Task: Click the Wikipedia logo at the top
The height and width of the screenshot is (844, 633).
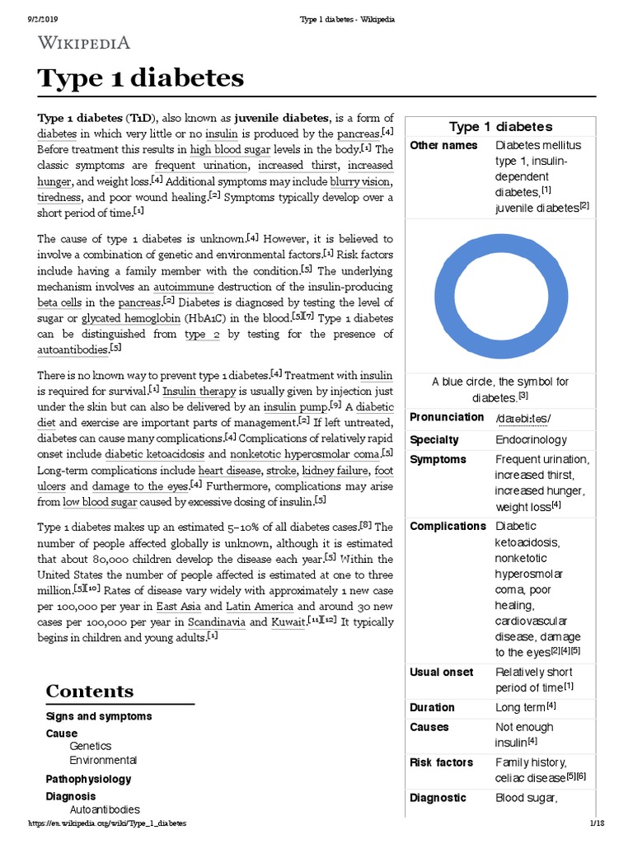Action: click(83, 43)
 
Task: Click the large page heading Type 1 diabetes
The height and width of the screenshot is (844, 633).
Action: click(141, 77)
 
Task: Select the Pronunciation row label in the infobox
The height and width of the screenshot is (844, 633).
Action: click(447, 417)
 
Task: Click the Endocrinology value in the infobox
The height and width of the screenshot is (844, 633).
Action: click(531, 440)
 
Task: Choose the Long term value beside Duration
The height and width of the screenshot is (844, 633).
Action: click(526, 707)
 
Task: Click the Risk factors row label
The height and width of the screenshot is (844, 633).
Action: click(441, 762)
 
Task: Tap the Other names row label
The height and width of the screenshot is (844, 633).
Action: click(443, 145)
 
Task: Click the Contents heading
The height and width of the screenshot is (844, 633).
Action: click(89, 691)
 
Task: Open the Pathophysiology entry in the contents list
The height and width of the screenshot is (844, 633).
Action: click(88, 779)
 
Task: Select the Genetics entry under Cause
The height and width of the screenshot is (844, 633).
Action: click(90, 746)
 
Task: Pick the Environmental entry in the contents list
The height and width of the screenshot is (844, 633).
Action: click(103, 760)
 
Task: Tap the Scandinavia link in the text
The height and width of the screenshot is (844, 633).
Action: click(217, 621)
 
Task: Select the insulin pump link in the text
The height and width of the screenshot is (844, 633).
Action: click(293, 407)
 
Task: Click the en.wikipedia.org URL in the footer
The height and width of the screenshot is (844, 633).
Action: click(107, 823)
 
